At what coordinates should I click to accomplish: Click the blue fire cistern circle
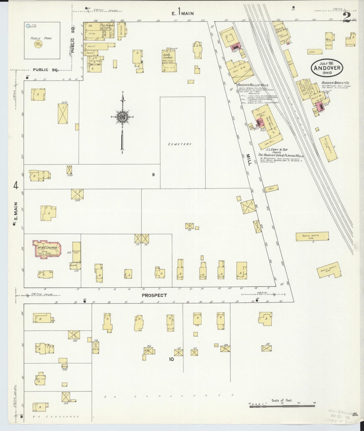[x=27, y=26]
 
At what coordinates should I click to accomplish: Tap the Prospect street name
[x=154, y=295]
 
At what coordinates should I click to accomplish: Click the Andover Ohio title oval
[x=326, y=68]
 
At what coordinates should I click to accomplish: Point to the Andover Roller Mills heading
[x=252, y=85]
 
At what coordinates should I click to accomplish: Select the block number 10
[x=171, y=359]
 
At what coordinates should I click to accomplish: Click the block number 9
[x=153, y=174]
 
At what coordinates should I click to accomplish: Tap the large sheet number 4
[x=16, y=186]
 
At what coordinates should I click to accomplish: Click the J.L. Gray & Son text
[x=278, y=150]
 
